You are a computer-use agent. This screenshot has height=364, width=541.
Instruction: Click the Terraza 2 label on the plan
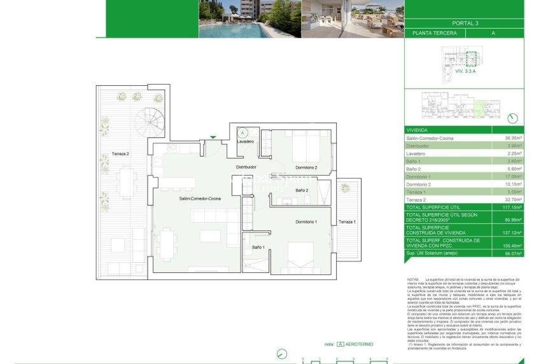(x=120, y=154)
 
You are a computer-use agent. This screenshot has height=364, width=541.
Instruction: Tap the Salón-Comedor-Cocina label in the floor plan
(x=200, y=199)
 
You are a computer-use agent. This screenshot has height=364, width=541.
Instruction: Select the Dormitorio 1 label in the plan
(x=306, y=221)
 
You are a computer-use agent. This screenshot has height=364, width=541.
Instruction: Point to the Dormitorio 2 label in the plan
(x=306, y=167)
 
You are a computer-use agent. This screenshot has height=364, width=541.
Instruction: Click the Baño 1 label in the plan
(x=258, y=247)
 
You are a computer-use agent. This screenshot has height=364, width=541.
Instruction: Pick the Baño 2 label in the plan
(x=302, y=190)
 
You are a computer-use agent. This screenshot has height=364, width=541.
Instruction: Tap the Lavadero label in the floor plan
(x=246, y=141)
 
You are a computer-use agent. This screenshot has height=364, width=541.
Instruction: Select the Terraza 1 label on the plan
(x=348, y=221)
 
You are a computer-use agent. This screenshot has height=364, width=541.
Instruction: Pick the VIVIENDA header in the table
(x=418, y=129)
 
